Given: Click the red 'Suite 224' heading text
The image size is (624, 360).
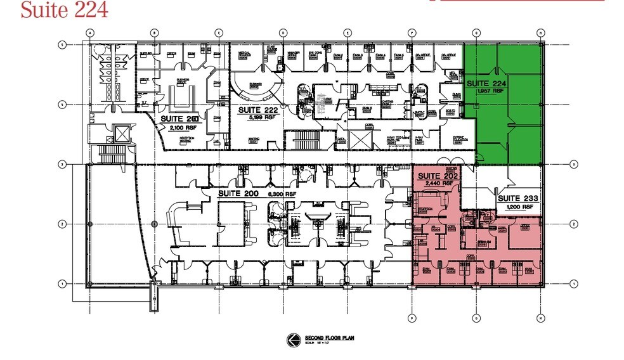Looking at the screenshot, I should click(x=64, y=10).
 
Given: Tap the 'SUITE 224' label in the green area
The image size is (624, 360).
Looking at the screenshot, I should click(x=486, y=84).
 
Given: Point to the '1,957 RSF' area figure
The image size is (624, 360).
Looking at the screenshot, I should click(x=485, y=91).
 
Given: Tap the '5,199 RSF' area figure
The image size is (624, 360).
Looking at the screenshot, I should click(x=254, y=117).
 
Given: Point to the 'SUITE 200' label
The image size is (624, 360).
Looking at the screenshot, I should click(x=238, y=193).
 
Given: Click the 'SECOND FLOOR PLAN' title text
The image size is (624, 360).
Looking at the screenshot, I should click(x=325, y=337).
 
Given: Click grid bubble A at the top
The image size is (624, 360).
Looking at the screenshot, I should click(x=90, y=33).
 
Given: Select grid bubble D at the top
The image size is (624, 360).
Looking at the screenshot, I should click(x=283, y=33).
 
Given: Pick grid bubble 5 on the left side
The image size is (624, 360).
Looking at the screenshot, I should click(x=62, y=44).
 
